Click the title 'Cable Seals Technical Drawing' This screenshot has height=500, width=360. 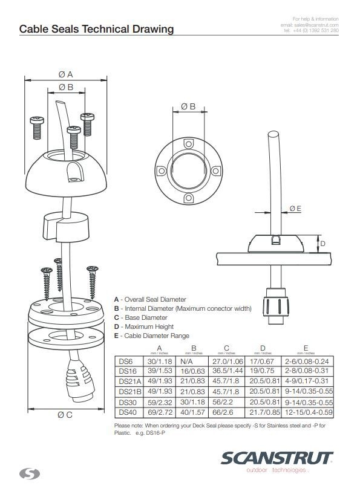96,28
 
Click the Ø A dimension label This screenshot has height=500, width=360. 66,74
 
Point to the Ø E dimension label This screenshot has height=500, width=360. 296,208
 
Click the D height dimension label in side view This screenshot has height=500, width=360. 323,244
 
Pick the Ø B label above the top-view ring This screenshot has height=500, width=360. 188,106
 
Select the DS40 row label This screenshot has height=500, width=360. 127,412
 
